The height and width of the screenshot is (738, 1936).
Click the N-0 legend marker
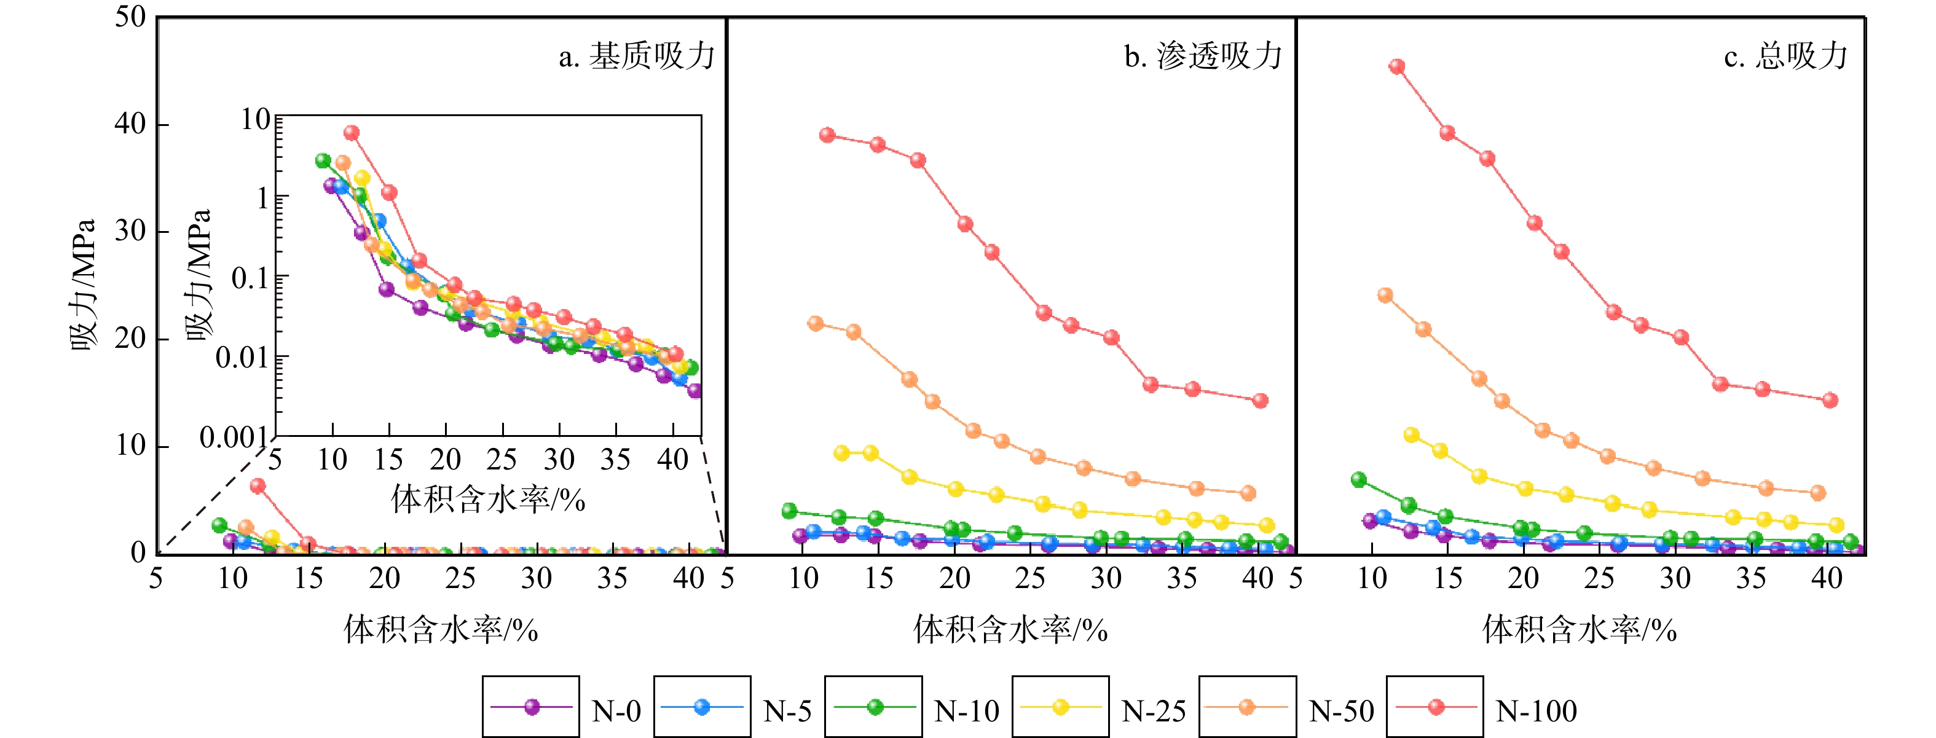(532, 707)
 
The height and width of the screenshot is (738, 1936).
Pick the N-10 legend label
(967, 711)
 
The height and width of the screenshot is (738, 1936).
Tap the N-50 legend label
(1342, 711)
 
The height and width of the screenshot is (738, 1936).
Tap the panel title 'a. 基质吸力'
(637, 57)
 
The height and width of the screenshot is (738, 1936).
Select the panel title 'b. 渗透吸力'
(1203, 57)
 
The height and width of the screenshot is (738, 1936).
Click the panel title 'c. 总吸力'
(1785, 57)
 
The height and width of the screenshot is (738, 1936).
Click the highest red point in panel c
(1396, 66)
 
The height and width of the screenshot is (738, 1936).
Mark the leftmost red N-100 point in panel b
(827, 135)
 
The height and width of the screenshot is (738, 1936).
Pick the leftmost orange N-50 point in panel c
(1385, 294)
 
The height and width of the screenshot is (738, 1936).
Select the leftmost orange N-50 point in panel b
(816, 323)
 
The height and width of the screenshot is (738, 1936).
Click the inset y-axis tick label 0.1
(250, 279)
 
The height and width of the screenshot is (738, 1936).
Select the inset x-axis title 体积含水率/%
(488, 499)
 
